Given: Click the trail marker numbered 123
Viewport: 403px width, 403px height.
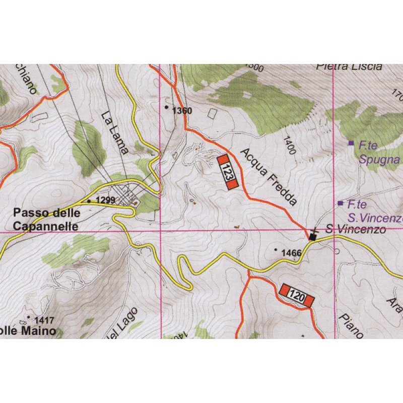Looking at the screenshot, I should (x=227, y=172).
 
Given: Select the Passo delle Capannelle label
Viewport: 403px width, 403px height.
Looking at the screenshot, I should (x=46, y=220).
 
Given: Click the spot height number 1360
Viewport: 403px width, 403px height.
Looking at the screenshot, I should (x=182, y=110).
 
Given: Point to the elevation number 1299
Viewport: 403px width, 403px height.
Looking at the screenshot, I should (x=106, y=200).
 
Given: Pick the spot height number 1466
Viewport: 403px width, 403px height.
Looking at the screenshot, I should (x=291, y=253).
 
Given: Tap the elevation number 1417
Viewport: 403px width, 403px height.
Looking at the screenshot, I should (x=44, y=319).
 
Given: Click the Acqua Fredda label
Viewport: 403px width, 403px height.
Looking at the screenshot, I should (x=268, y=176).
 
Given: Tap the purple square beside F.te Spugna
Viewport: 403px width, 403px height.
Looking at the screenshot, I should (x=351, y=144).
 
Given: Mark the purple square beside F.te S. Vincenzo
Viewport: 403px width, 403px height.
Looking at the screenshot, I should (x=341, y=204).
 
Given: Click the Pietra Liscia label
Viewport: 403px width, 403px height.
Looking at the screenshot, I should (x=350, y=67).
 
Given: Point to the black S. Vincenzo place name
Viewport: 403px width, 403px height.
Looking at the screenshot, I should (x=355, y=230).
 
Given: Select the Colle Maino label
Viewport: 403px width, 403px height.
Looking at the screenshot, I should (x=28, y=332).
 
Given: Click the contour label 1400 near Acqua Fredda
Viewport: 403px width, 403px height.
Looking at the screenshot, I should (x=289, y=146).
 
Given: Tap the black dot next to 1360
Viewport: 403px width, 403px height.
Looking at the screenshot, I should (x=167, y=107).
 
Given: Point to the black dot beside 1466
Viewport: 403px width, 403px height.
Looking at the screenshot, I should (x=276, y=249).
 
